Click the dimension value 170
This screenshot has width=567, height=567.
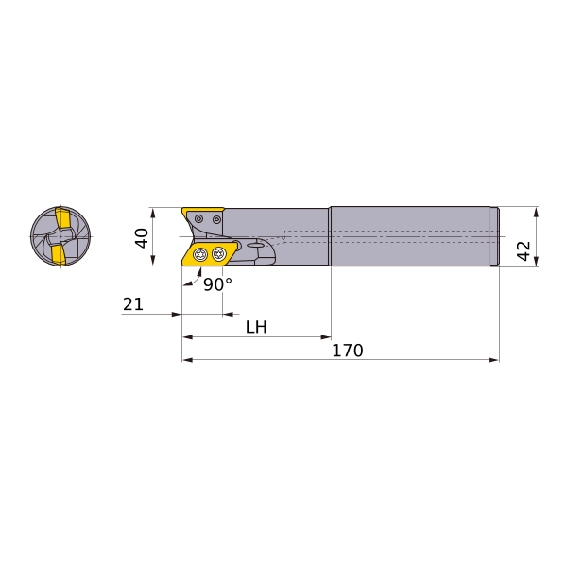click(x=348, y=351)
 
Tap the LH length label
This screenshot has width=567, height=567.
click(x=256, y=327)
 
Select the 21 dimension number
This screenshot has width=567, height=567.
click(x=133, y=304)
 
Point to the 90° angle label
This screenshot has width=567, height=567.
click(x=217, y=284)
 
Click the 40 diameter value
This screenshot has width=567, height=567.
click(x=142, y=238)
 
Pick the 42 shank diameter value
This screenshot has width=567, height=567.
click(x=524, y=250)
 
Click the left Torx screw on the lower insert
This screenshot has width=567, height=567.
click(x=199, y=254)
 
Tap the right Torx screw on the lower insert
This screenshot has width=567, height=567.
click(x=218, y=253)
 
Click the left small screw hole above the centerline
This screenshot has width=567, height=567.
click(x=198, y=218)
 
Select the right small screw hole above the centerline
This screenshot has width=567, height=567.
click(x=216, y=219)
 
